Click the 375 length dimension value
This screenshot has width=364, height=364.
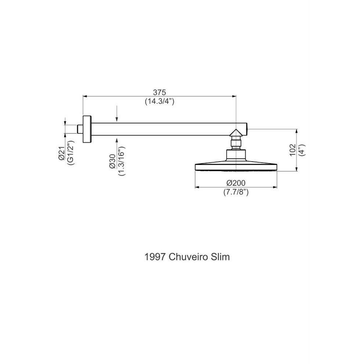pos(159,93)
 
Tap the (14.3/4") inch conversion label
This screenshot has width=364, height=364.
pos(159,101)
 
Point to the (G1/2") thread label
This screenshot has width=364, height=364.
pos(71,152)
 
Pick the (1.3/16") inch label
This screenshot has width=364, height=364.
pos(122,161)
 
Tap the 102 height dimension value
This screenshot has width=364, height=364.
pos(293,150)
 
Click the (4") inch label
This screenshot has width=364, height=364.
pos(302,150)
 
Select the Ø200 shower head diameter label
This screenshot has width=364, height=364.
pos(236,183)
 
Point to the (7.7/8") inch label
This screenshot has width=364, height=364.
pos(236,192)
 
